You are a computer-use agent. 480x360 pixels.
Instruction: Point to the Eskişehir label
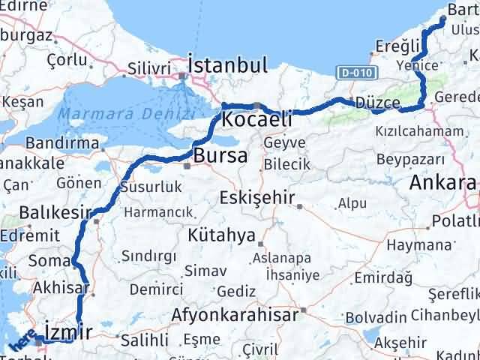coord(257,199)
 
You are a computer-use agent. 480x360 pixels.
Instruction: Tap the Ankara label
coord(442,182)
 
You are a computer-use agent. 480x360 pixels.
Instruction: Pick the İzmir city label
coord(68,331)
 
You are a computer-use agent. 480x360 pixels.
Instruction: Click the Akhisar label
coord(62,287)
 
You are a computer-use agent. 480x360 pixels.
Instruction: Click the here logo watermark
coord(21,343)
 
